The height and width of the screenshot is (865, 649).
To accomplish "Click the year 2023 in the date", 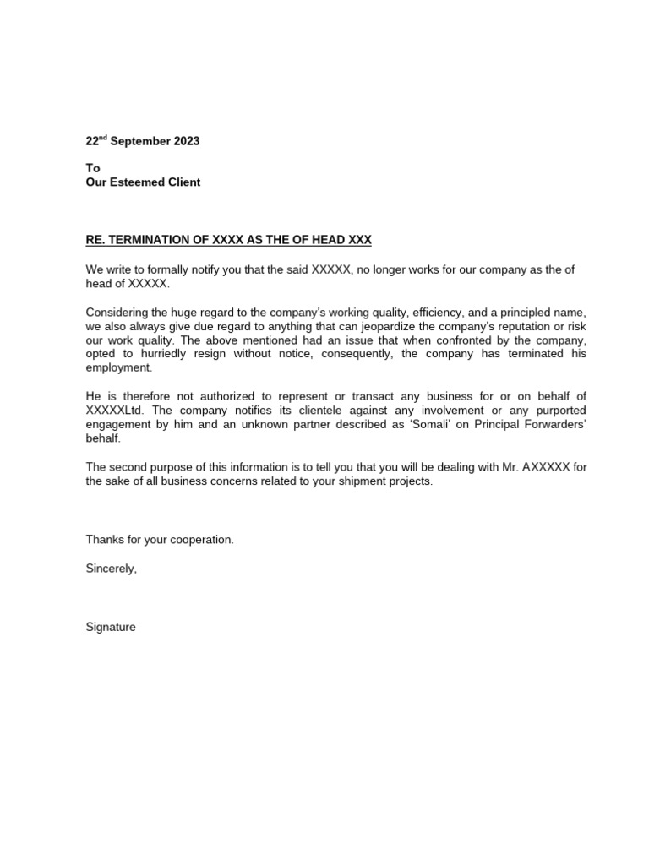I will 186,141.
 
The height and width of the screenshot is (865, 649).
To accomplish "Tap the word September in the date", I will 139,141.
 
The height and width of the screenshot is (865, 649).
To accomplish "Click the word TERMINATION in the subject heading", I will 150,240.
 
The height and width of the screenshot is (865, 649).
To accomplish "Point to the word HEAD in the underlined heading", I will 332,240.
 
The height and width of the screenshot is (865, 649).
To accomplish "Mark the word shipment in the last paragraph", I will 346,481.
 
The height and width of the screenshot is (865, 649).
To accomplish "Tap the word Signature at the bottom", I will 111,627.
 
